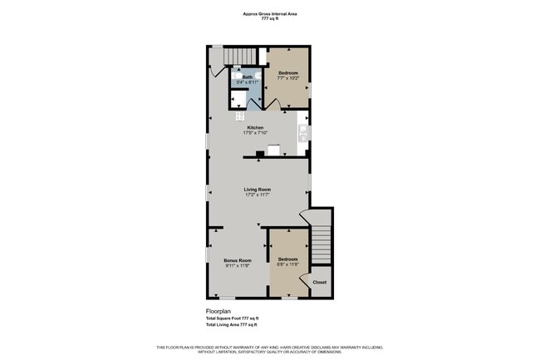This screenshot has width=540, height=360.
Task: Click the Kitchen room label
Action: (255, 127)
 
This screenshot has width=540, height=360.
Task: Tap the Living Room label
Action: (257, 189)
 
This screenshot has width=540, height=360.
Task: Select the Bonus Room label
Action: (237, 260)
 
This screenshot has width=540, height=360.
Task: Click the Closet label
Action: (320, 282)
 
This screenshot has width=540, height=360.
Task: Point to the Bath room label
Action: (247, 77)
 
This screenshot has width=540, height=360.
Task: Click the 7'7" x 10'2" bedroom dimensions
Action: (287, 79)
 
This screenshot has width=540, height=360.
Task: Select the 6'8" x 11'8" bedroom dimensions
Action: (287, 265)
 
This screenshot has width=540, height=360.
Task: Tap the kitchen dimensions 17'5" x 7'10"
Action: (255, 133)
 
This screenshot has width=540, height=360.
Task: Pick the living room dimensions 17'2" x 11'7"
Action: (257, 195)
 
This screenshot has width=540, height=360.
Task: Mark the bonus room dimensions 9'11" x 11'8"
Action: (237, 266)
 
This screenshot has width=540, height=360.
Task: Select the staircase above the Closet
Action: (321, 242)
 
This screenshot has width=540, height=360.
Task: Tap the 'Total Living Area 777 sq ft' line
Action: (232, 325)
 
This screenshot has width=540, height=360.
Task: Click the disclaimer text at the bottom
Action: (270, 348)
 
